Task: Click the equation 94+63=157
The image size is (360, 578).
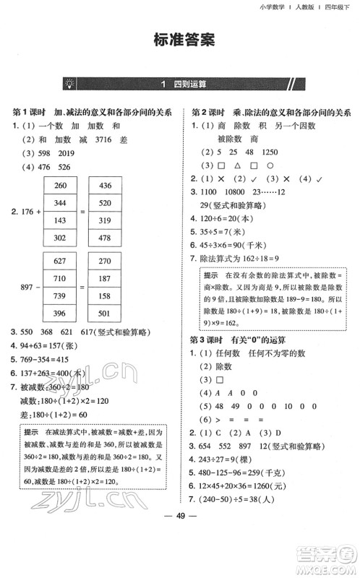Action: (45, 345)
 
